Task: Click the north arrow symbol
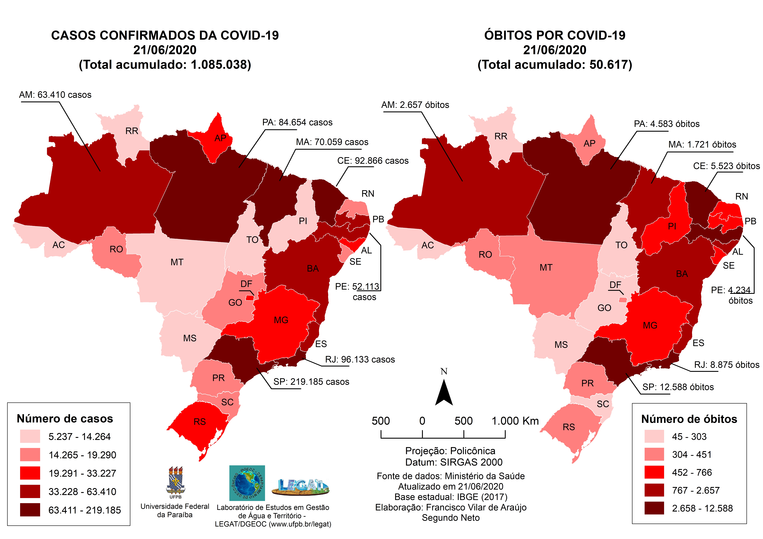coord(444,394)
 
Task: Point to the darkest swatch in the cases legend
coord(30,509)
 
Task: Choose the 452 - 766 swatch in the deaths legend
coord(654,472)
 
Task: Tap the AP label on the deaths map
coord(589,143)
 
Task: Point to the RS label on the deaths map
coord(569,427)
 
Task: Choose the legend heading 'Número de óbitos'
coord(689,419)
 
